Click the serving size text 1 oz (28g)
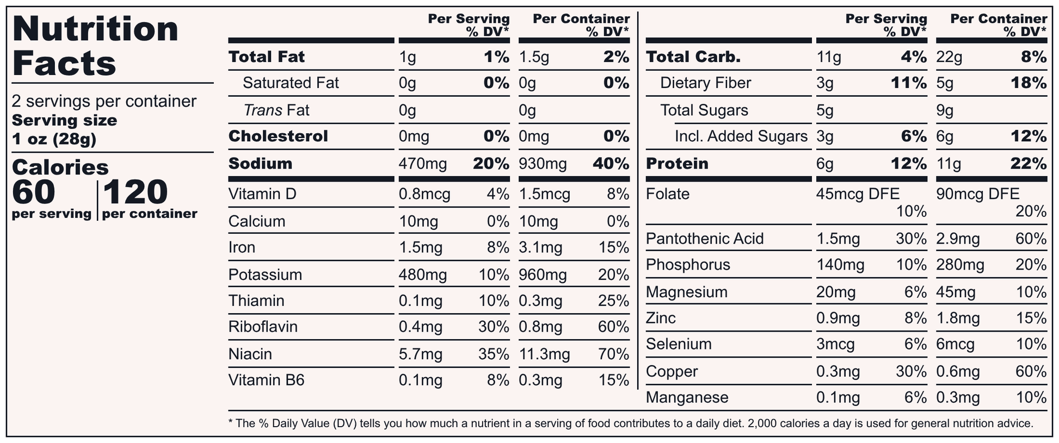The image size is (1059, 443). [x=54, y=140]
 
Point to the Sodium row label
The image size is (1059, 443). [x=260, y=164]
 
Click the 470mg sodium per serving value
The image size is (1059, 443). [x=423, y=164]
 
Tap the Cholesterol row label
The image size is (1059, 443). [x=278, y=136]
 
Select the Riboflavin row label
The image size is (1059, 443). [x=263, y=327]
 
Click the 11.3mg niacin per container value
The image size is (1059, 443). [x=544, y=354]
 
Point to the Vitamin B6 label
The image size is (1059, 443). [x=266, y=380]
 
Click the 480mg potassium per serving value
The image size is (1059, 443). [x=423, y=274]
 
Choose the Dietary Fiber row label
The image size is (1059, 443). [x=705, y=83]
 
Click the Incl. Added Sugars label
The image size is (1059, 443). [x=741, y=136]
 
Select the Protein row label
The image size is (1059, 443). [x=677, y=164]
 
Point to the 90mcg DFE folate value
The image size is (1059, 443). [x=978, y=194]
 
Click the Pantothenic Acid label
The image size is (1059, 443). [x=705, y=239]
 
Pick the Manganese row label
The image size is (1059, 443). [x=687, y=397]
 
